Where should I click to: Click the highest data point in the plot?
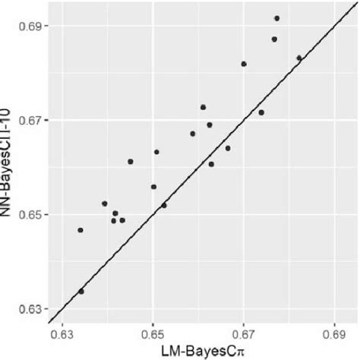(276, 18)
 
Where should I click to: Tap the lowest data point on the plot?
(81, 291)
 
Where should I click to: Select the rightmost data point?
(299, 58)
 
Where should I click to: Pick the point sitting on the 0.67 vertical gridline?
(244, 64)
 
